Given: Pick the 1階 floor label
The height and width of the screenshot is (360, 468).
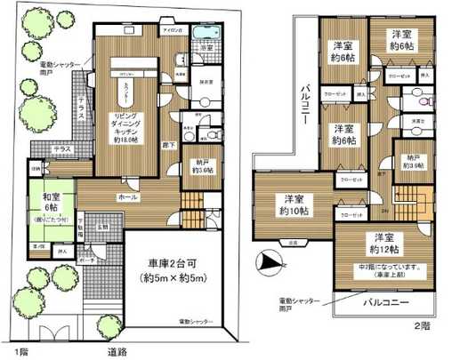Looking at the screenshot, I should tap(10, 352).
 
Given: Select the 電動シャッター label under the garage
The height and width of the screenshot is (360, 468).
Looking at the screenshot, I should tap(195, 319).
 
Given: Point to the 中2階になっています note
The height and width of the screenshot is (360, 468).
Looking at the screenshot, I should tap(387, 268).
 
